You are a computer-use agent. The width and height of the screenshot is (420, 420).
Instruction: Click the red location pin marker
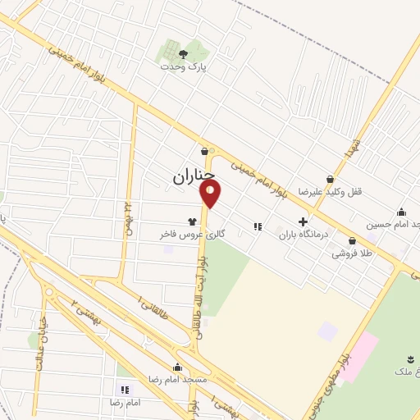(x=211, y=194)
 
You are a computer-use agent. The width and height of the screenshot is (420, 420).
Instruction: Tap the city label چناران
(x=194, y=176)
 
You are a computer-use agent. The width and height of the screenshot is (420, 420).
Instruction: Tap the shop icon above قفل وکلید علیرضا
(x=331, y=178)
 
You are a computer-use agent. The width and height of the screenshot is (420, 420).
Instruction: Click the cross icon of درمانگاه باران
(x=304, y=221)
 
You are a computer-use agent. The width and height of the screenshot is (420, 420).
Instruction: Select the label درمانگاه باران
(x=304, y=234)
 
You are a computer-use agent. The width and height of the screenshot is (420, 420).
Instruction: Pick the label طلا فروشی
(x=352, y=253)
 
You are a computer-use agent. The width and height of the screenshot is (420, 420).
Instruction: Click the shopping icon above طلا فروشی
(x=352, y=240)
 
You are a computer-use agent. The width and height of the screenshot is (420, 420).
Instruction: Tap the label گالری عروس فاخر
(x=192, y=235)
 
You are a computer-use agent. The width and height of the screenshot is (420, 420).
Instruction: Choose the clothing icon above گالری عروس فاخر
(x=193, y=221)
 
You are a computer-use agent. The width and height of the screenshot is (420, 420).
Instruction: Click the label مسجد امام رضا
(x=178, y=381)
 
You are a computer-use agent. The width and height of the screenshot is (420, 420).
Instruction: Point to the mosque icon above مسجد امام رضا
(x=178, y=367)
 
